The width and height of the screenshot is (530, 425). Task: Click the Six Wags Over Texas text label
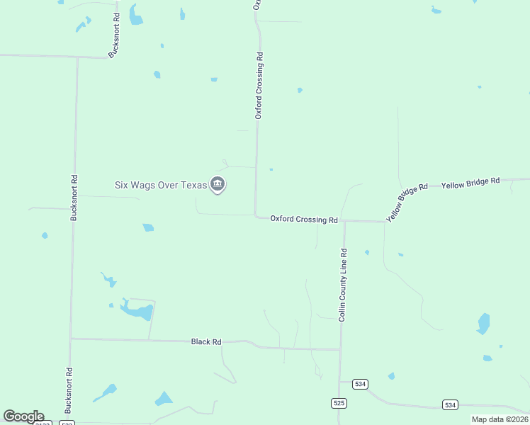(x=161, y=185)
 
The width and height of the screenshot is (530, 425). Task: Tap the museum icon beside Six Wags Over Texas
(x=218, y=185)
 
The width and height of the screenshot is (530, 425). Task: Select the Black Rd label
(x=206, y=341)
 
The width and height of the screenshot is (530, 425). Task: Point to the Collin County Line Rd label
(x=342, y=285)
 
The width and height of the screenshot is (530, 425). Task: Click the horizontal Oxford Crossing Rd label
(x=303, y=220)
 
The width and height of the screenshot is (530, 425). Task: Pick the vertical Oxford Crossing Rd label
(x=259, y=84)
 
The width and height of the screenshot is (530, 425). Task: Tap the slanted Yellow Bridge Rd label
(x=407, y=203)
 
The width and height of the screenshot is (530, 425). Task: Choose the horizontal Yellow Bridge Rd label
(x=470, y=183)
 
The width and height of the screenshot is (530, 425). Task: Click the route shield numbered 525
(x=339, y=402)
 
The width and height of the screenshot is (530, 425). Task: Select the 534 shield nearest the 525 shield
(x=361, y=384)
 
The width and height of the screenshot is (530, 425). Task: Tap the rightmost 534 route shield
(x=450, y=404)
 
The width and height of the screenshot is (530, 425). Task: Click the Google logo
(x=23, y=416)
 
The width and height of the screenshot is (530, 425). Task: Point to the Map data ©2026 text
(x=500, y=419)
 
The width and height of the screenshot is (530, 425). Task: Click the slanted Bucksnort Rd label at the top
(x=114, y=35)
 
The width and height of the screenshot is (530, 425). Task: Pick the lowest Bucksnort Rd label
(x=69, y=390)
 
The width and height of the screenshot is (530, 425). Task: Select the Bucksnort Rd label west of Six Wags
(x=73, y=198)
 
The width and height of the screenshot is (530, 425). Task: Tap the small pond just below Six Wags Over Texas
(x=148, y=227)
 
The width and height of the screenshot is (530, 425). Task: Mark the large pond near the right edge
(x=484, y=323)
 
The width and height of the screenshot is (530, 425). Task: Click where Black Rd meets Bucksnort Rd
(x=71, y=339)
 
